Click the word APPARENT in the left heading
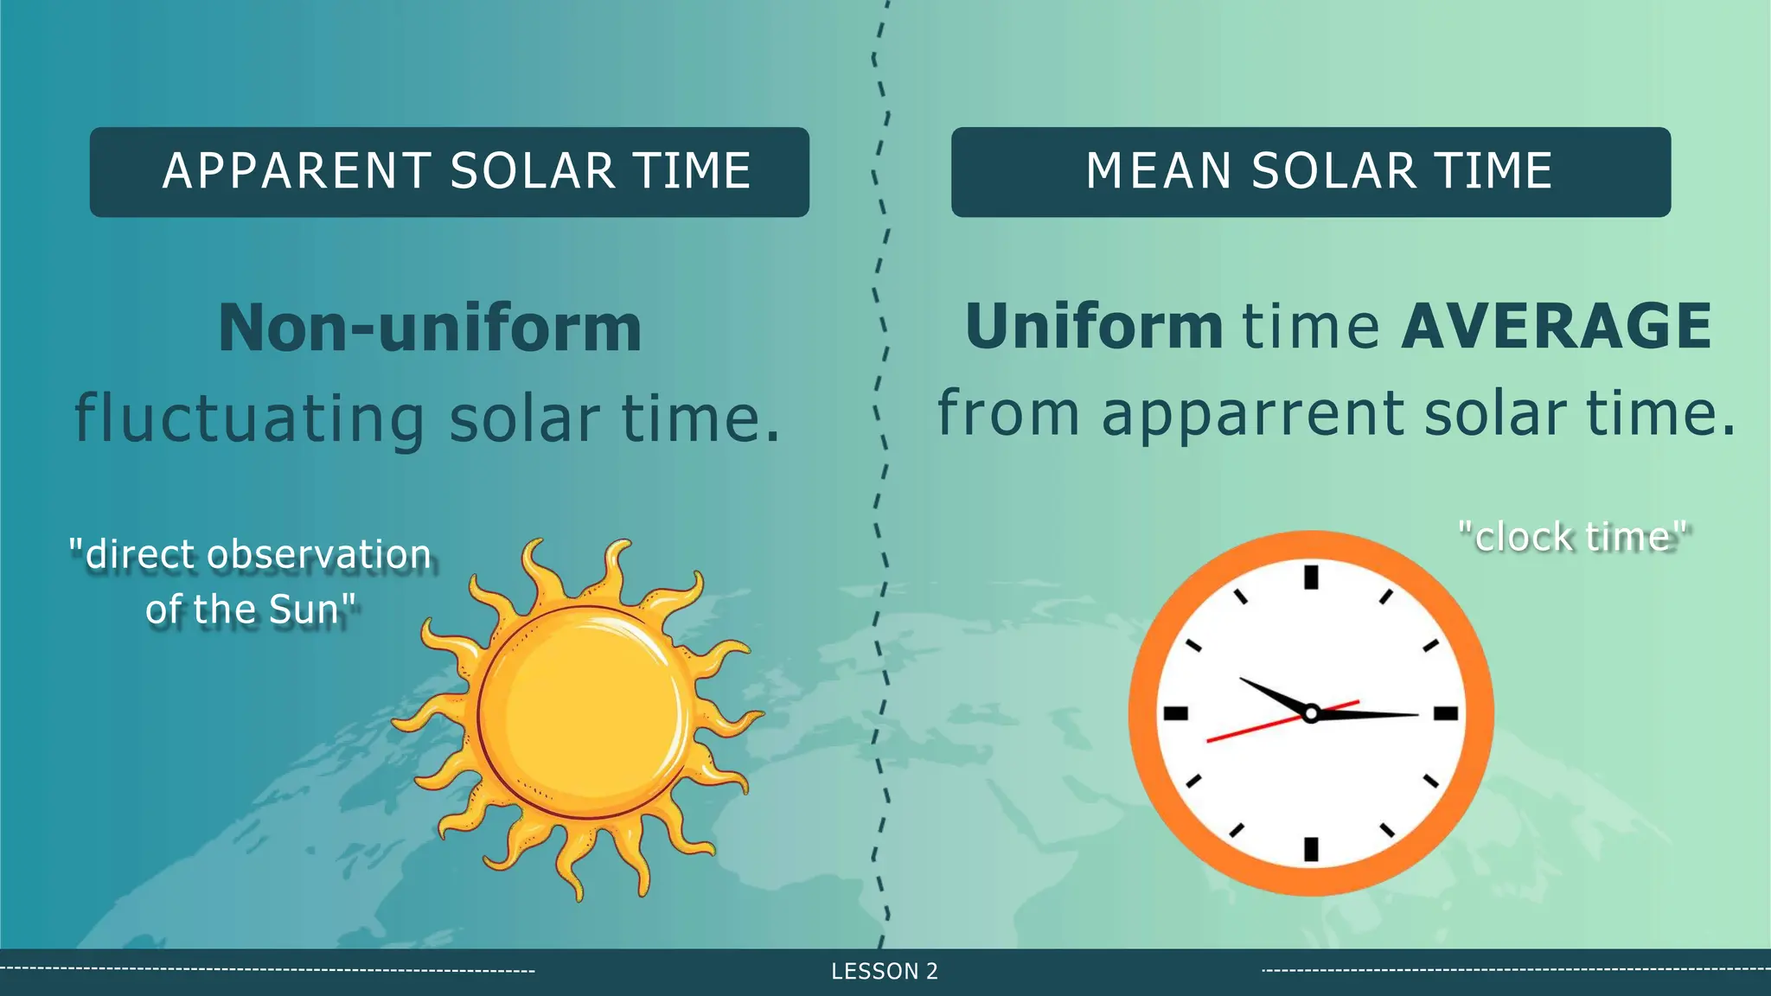[x=297, y=171]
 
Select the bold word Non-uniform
[x=430, y=329]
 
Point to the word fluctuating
[x=249, y=418]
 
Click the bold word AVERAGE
[x=1556, y=327]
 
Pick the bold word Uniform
[x=1094, y=327]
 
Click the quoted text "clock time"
[x=1573, y=537]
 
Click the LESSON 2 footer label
[x=885, y=972]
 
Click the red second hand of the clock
[x=1245, y=731]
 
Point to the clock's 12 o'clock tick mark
[x=1311, y=577]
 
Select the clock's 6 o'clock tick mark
[x=1311, y=849]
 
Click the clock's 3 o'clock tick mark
[x=1447, y=713]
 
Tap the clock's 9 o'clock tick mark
[x=1175, y=713]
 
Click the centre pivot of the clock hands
[x=1311, y=713]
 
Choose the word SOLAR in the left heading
[x=532, y=171]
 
